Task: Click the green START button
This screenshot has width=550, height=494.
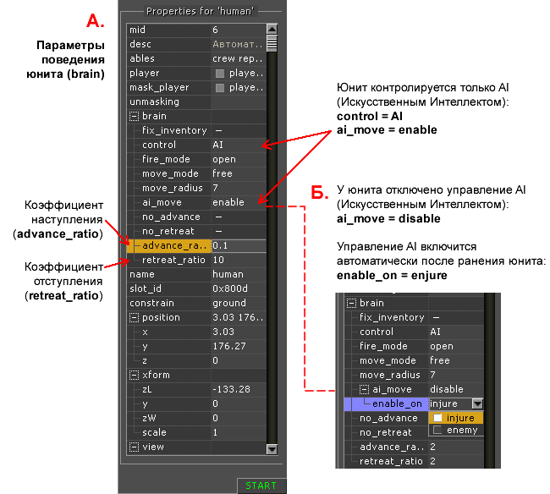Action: coord(261,486)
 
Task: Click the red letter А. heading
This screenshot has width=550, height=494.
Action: coord(96,21)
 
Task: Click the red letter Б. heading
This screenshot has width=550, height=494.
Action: coord(320,192)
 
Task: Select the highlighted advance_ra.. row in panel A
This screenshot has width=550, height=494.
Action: coord(168,245)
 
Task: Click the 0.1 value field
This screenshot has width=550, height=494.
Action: coord(239,245)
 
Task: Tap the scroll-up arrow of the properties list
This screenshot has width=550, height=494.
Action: coord(272,29)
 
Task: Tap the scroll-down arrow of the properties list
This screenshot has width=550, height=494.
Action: coord(272,449)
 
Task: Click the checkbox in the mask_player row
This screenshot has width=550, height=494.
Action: coord(220,88)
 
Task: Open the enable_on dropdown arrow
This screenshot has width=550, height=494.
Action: coord(477,403)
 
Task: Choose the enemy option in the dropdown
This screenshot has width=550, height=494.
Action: coord(462,430)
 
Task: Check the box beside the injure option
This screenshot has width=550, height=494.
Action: coord(437,418)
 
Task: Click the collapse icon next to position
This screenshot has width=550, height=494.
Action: coord(134,318)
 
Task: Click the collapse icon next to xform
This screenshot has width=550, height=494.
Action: coord(134,375)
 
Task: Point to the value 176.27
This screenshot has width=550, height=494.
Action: coord(229,346)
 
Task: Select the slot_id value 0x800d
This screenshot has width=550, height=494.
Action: coord(230,288)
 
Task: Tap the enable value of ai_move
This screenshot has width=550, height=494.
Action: coord(228,202)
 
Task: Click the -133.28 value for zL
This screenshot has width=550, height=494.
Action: coord(232,389)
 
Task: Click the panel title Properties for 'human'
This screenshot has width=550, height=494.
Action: coord(200,11)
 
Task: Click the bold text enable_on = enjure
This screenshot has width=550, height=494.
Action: coord(392,276)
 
